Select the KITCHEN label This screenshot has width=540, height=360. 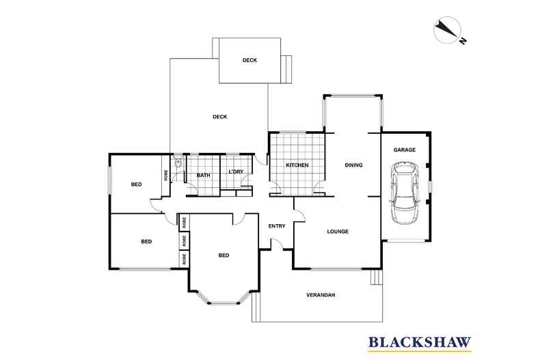[297, 165]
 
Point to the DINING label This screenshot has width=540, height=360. [353, 165]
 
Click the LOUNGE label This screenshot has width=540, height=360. [338, 232]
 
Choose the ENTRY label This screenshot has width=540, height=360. [277, 227]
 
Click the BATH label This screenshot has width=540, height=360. [203, 176]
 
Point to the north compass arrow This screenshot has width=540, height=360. [445, 29]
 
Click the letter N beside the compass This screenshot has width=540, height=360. [462, 42]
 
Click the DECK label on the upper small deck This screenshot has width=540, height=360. [249, 61]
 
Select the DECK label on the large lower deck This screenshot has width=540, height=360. [219, 117]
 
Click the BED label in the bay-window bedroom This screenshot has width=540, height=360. [224, 255]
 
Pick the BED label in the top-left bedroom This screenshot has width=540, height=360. [137, 184]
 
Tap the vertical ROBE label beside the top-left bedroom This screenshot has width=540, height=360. [166, 174]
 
